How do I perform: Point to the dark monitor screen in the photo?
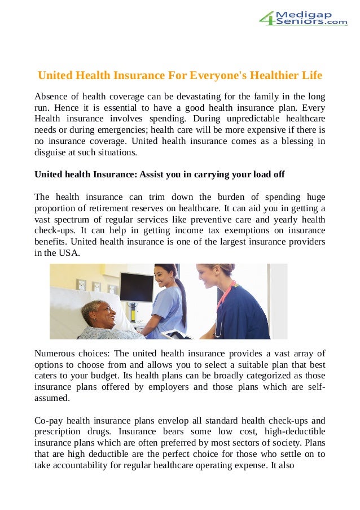click(x=137, y=286)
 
